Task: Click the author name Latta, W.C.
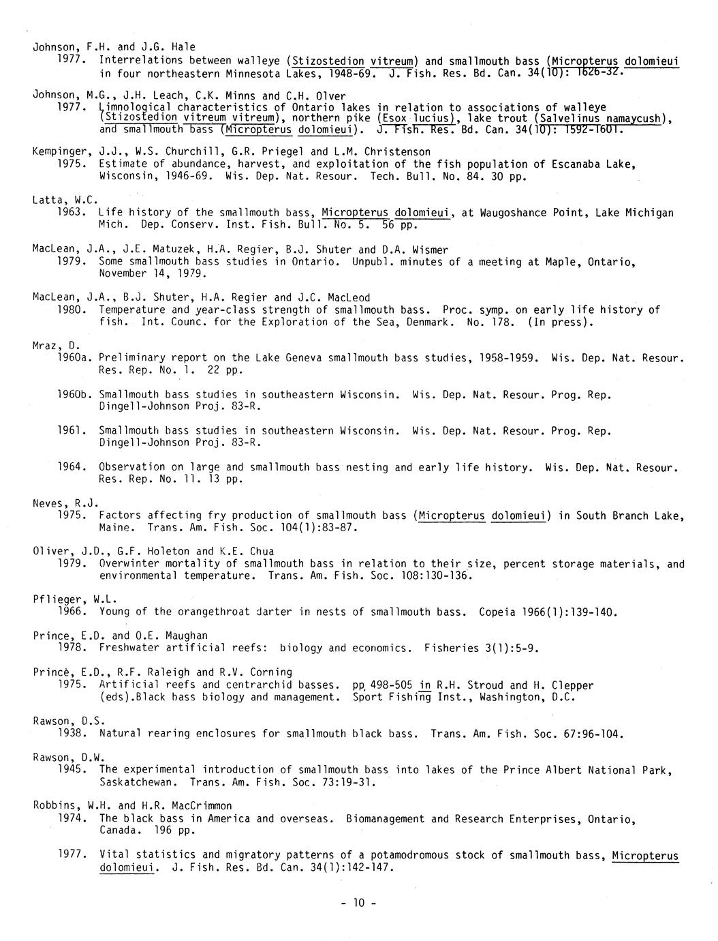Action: (65, 200)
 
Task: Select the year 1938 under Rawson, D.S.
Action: (72, 734)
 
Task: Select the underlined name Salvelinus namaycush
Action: (600, 119)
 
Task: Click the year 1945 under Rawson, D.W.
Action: (72, 770)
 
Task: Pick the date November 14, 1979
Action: (151, 273)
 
